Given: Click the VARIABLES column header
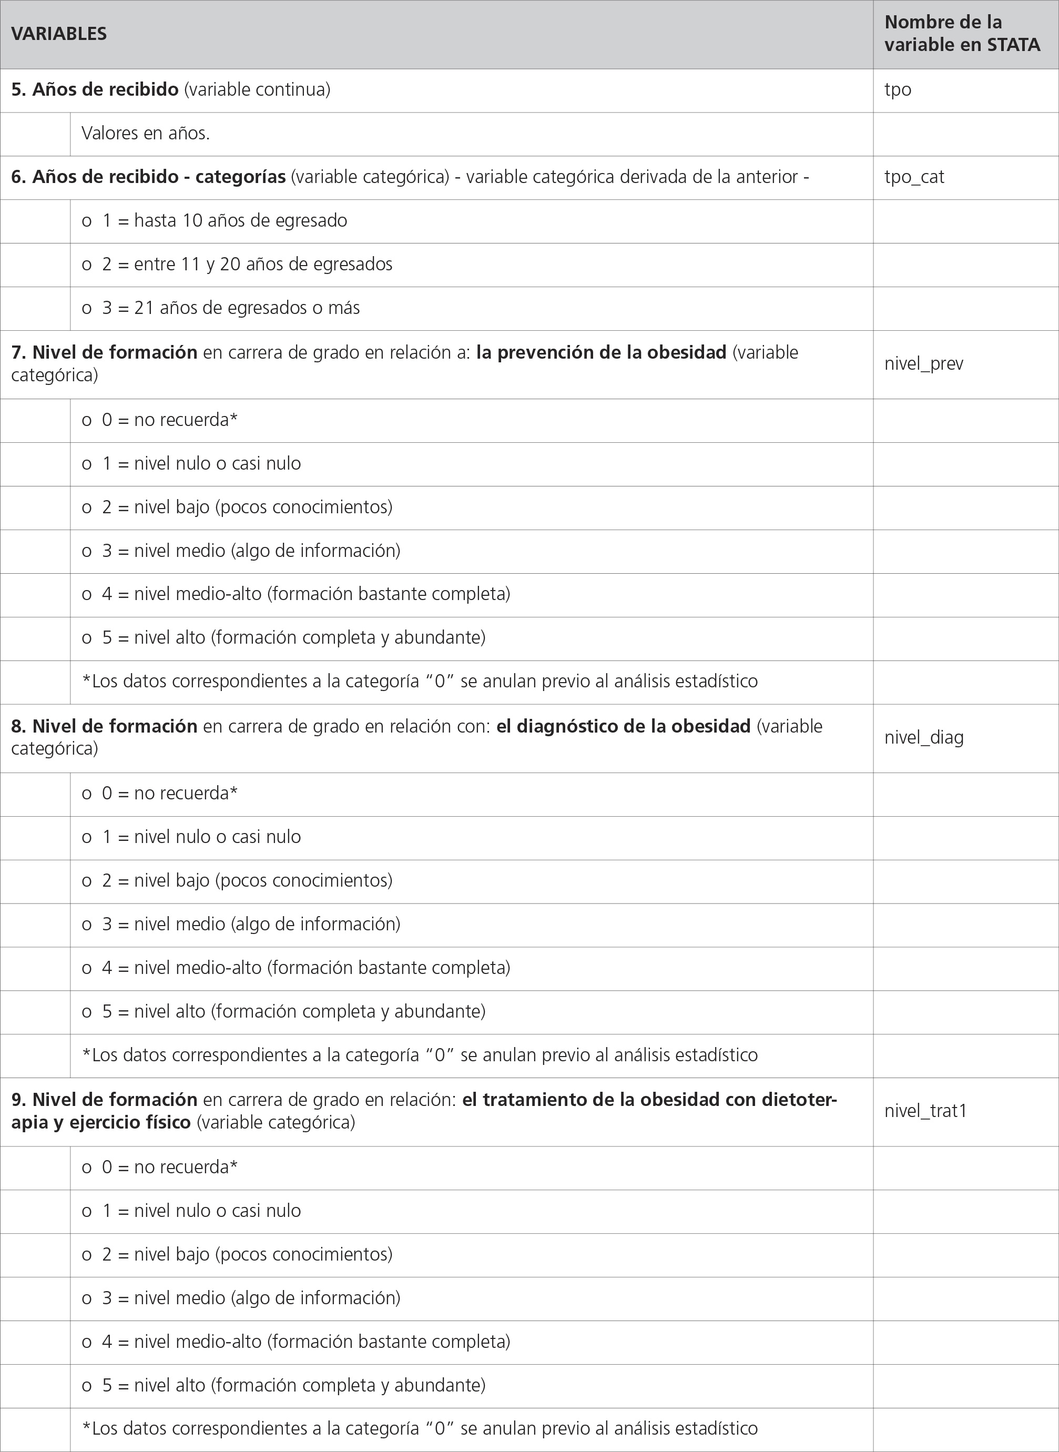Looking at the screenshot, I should (x=59, y=34).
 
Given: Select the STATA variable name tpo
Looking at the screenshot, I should (x=898, y=90).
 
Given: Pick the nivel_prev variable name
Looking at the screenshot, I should (x=924, y=363).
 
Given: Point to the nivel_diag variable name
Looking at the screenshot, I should (x=924, y=737).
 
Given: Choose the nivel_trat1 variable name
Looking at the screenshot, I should (x=925, y=1111).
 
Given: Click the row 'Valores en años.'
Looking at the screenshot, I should (x=146, y=134).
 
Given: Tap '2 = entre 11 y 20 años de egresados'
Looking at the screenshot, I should (x=247, y=264).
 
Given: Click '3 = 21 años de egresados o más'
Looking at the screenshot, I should (x=231, y=308).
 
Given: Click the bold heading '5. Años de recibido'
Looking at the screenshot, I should (x=95, y=90).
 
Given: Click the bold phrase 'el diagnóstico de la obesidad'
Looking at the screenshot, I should (x=623, y=726).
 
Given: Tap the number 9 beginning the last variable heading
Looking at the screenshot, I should (x=17, y=1100).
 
